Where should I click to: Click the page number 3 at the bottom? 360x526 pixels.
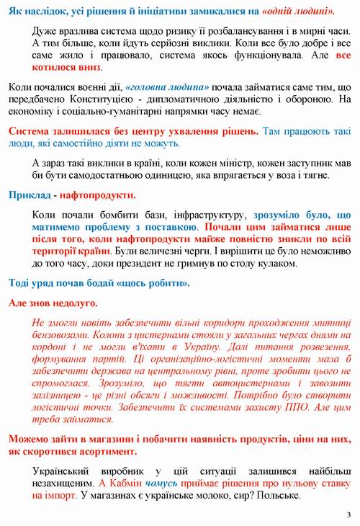coord(348,514)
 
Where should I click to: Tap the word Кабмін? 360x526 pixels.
coord(127,484)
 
